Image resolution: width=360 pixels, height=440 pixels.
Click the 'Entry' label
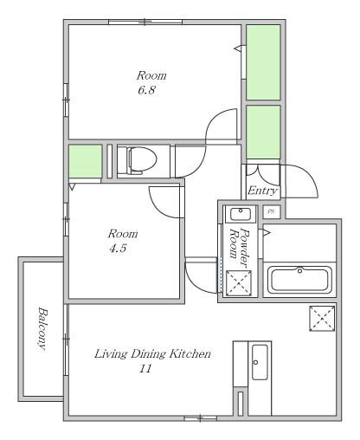(x=262, y=191)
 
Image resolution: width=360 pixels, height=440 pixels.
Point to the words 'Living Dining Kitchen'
(x=151, y=354)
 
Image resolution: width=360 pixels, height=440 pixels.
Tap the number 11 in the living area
(x=145, y=370)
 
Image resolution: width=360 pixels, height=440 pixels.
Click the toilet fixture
(x=140, y=160)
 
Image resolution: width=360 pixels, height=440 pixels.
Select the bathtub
(x=299, y=280)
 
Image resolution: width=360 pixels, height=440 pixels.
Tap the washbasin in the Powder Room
(x=239, y=214)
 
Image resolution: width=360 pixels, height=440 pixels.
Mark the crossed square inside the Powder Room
(x=238, y=282)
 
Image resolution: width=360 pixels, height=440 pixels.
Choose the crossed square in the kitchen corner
(x=322, y=318)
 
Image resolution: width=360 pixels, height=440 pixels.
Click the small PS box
(x=270, y=210)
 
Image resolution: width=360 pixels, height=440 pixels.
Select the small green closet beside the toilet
(x=85, y=161)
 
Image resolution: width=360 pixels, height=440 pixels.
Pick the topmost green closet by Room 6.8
(x=263, y=61)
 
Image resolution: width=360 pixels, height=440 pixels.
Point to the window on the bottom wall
(x=200, y=418)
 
